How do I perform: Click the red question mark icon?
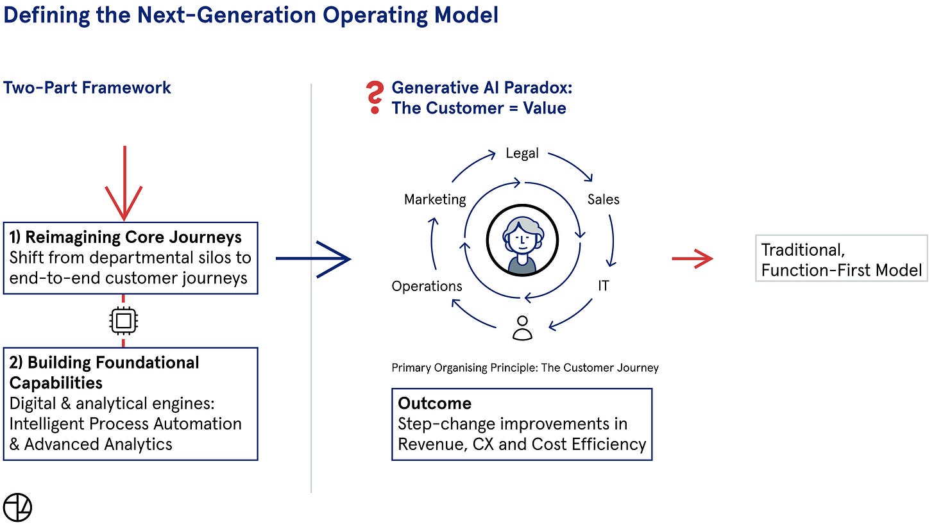pos(373,99)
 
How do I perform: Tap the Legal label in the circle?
pos(522,153)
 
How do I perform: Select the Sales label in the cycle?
pos(603,199)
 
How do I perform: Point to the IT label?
pos(603,286)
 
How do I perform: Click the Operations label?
pos(427,286)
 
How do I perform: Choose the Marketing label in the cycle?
pos(435,199)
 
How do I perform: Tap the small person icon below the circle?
pos(523,328)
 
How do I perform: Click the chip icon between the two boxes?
pos(124,321)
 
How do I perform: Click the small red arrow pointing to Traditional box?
pos(692,258)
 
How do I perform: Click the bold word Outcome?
pos(434,403)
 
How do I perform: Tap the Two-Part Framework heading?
pos(87,87)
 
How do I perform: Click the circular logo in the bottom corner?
pos(17,507)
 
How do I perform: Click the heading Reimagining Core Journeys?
pos(134,237)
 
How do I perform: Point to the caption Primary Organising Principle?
pos(525,368)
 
